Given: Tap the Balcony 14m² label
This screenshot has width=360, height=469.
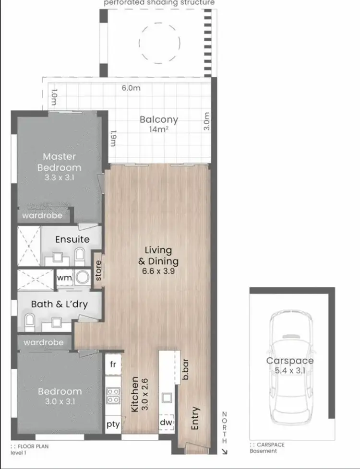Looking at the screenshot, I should [158, 124].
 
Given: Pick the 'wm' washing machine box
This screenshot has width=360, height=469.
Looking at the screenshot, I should [64, 278].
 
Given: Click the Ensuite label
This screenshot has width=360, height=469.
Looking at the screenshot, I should [72, 239].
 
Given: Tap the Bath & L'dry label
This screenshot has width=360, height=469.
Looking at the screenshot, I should [59, 304].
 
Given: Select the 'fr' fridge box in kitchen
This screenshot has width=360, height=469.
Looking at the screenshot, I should [113, 364].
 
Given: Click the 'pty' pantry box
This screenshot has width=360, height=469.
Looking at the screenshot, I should [113, 424].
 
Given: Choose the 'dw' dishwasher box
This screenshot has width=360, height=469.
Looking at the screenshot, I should [167, 422].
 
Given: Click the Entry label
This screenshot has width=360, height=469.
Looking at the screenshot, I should [195, 418].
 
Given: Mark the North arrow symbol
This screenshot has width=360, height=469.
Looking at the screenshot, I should [225, 450].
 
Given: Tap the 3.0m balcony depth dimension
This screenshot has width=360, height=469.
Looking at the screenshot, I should [207, 122].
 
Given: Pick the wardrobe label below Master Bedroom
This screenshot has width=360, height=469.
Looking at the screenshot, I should [42, 216].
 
